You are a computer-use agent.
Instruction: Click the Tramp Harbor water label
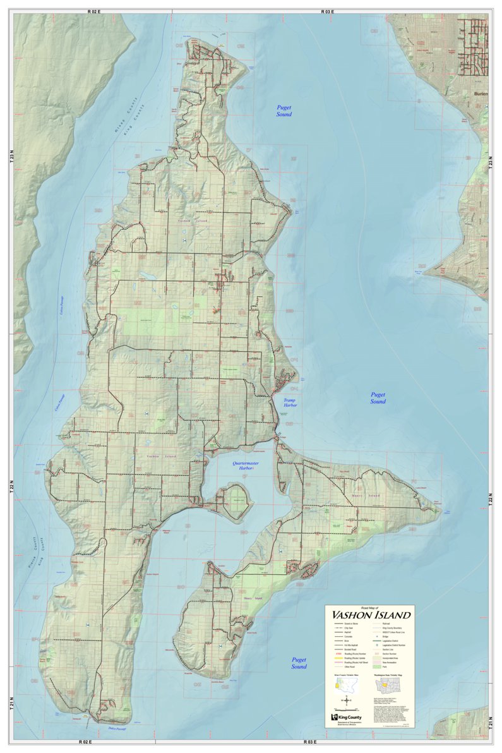290,404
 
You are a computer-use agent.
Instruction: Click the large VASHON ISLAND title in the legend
370,615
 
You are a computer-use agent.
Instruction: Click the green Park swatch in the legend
378,666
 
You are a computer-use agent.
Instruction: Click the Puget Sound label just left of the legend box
299,663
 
